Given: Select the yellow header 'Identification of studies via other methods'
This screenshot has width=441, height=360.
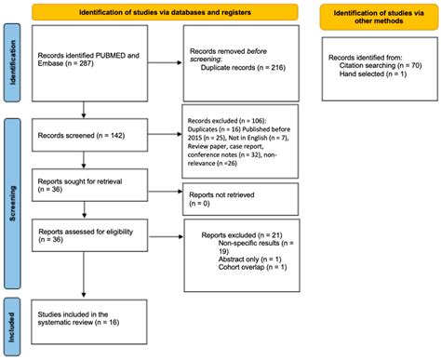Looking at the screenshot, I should [379, 15].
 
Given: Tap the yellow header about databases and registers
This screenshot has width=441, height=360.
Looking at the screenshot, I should [162, 11].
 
